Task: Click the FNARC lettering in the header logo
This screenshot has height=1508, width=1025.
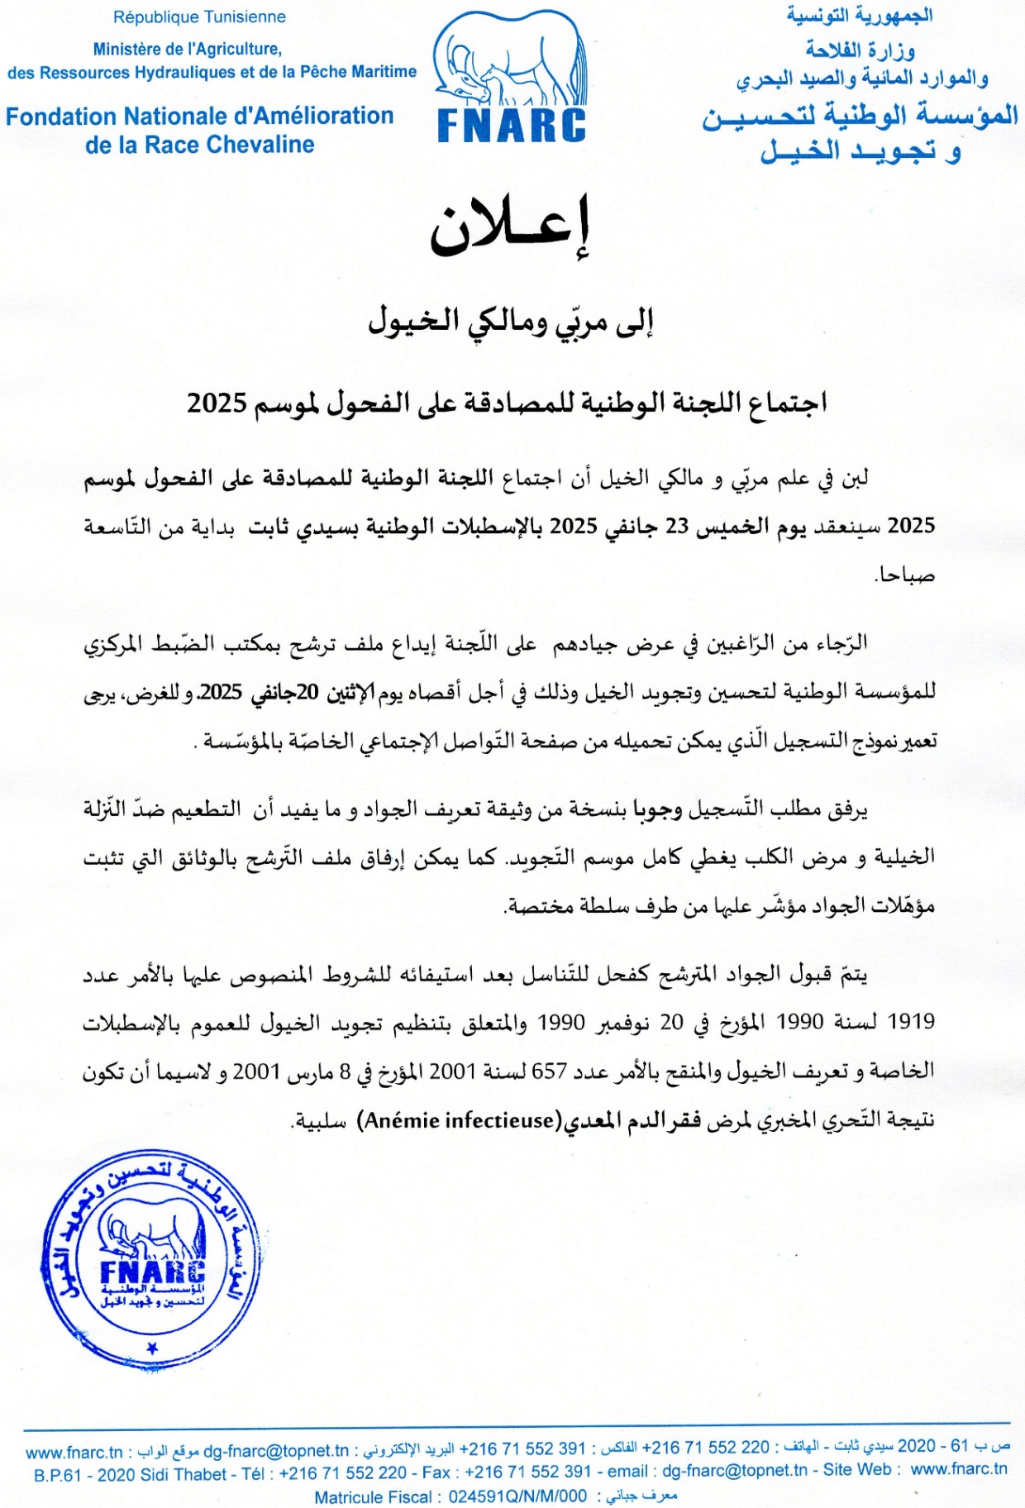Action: (x=512, y=126)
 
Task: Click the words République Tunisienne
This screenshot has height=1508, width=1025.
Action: (x=199, y=17)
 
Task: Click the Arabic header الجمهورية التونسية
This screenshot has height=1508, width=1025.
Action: (x=859, y=15)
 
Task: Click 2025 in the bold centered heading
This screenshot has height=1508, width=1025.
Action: (x=217, y=403)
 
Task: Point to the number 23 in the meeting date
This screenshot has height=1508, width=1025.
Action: (x=677, y=527)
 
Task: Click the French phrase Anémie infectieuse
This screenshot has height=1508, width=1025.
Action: (x=459, y=1120)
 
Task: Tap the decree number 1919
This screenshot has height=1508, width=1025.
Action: (x=911, y=1022)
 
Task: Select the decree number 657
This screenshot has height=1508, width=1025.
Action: (x=549, y=1071)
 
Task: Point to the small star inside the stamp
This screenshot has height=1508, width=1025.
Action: (x=151, y=1348)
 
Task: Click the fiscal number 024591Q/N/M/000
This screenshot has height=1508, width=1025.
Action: (x=517, y=1496)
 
